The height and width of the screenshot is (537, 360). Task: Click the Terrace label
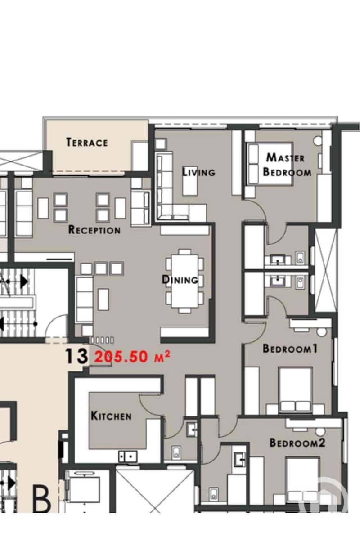tap(87, 142)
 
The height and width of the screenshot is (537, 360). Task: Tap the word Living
tap(198, 172)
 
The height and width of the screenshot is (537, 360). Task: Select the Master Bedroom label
tap(287, 165)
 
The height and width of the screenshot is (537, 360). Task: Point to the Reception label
tap(94, 229)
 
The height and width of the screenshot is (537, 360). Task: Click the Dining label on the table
tap(180, 280)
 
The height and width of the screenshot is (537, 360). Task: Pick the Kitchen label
tap(111, 416)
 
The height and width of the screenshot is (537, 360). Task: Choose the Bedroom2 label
tap(297, 443)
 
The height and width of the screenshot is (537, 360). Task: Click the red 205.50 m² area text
tap(132, 357)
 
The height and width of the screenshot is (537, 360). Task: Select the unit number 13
tap(76, 356)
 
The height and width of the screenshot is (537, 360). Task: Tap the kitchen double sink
tap(128, 456)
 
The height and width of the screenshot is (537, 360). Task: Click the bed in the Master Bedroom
tap(270, 164)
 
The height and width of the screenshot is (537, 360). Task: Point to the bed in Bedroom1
tap(295, 390)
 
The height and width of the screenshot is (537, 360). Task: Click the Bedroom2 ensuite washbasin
tap(240, 459)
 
